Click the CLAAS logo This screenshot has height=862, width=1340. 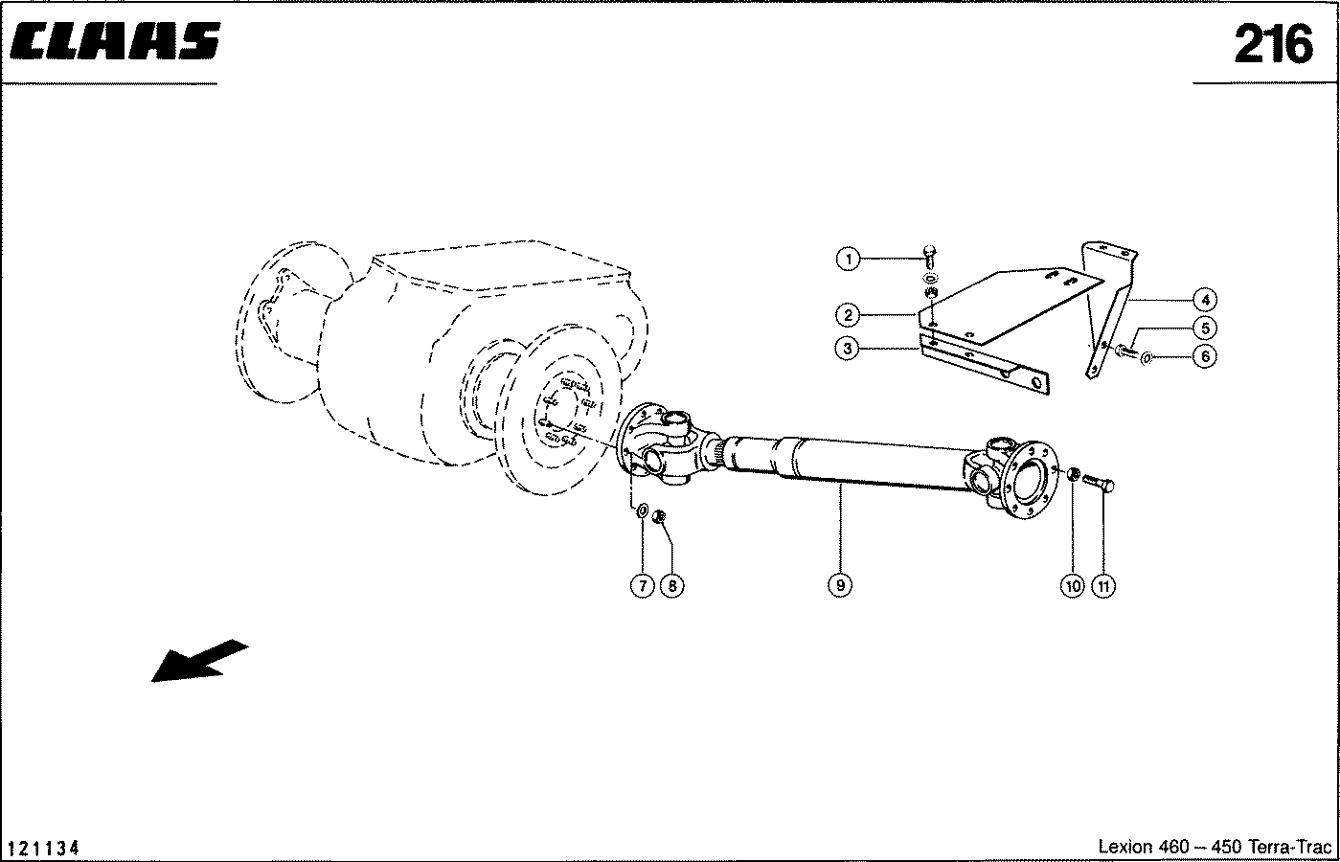(115, 41)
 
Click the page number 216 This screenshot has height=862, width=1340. (1273, 44)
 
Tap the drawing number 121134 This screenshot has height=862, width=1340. (43, 848)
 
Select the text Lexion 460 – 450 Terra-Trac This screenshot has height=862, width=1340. (1215, 847)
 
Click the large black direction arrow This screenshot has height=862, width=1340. (199, 661)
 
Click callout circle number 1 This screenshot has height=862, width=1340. (848, 259)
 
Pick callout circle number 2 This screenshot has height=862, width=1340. (848, 315)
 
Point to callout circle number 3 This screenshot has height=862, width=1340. (847, 348)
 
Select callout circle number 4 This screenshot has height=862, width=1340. (1205, 300)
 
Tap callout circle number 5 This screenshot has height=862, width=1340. (1205, 328)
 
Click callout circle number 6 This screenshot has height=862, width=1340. (1205, 356)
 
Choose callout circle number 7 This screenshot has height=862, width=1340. (643, 585)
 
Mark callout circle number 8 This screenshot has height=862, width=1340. (671, 585)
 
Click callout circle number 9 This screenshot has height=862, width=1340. (840, 585)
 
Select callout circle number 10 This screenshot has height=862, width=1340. (1073, 586)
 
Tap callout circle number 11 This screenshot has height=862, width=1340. (1103, 586)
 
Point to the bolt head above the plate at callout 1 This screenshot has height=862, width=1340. (929, 258)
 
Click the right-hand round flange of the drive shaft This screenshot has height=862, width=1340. (1030, 480)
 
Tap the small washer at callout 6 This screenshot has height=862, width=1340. (1147, 358)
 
